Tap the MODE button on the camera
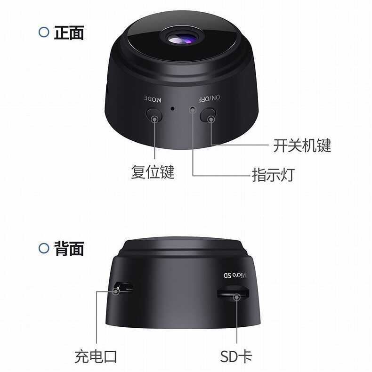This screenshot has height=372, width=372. pyautogui.click(x=154, y=115)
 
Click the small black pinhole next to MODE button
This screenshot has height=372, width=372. pyautogui.click(x=173, y=109)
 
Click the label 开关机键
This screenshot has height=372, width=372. pyautogui.click(x=302, y=146)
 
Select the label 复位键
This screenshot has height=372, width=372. pyautogui.click(x=153, y=172)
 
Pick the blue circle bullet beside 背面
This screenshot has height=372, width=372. pyautogui.click(x=43, y=248)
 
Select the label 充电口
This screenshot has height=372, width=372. pyautogui.click(x=96, y=356)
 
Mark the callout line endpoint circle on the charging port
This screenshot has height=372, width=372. pyautogui.click(x=116, y=291)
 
